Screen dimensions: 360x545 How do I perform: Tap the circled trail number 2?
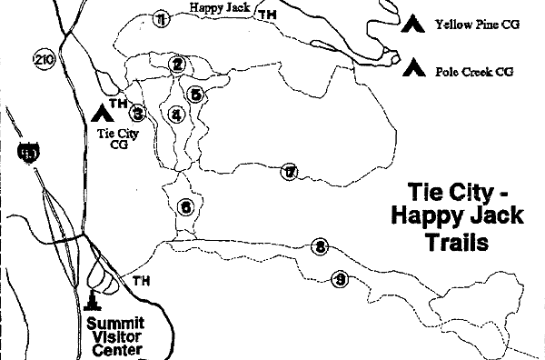177,64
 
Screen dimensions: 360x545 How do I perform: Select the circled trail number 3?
138,113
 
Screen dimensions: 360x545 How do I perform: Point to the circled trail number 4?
176,115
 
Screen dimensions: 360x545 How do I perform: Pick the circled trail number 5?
195,94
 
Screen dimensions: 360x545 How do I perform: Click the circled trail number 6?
185,206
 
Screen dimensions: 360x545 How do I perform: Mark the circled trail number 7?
290,172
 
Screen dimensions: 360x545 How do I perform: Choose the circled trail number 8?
319,246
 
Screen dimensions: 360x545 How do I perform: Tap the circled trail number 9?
340,278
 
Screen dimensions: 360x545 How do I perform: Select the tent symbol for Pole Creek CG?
416,65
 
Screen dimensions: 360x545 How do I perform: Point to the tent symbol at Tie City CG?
100,113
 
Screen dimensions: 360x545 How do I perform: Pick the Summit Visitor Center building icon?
93,299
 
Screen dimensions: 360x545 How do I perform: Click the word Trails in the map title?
457,243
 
